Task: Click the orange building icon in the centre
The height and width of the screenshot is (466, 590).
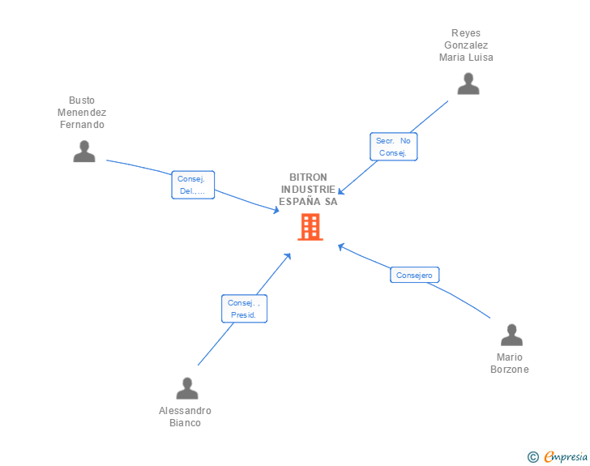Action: pyautogui.click(x=310, y=227)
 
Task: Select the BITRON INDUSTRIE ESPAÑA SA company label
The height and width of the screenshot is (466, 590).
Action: pyautogui.click(x=308, y=190)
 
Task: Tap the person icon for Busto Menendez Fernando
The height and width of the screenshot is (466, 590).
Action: pyautogui.click(x=84, y=151)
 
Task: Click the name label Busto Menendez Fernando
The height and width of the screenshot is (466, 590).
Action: pyautogui.click(x=82, y=113)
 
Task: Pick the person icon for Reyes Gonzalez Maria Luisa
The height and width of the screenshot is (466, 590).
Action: pyautogui.click(x=468, y=83)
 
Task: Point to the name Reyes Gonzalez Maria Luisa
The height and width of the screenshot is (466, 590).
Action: pyautogui.click(x=466, y=45)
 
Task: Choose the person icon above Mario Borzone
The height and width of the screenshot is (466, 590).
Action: pyautogui.click(x=511, y=335)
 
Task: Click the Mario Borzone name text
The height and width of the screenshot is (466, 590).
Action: pyautogui.click(x=510, y=363)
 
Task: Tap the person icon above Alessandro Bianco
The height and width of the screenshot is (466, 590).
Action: pyautogui.click(x=187, y=388)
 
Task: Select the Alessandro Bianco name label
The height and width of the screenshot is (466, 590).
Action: pyautogui.click(x=185, y=417)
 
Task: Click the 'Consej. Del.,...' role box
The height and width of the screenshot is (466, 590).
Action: pyautogui.click(x=193, y=185)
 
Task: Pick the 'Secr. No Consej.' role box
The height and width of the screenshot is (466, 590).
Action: pyautogui.click(x=393, y=147)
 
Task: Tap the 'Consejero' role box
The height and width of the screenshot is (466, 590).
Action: pyautogui.click(x=414, y=276)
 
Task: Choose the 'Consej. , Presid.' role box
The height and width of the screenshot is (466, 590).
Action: pyautogui.click(x=243, y=309)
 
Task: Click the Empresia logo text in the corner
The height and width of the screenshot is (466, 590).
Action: pyautogui.click(x=566, y=457)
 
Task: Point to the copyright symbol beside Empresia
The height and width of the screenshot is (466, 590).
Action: pyautogui.click(x=532, y=457)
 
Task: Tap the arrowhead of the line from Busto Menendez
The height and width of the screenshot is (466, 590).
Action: pyautogui.click(x=276, y=210)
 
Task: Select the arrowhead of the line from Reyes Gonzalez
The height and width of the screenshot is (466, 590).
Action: pyautogui.click(x=341, y=192)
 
